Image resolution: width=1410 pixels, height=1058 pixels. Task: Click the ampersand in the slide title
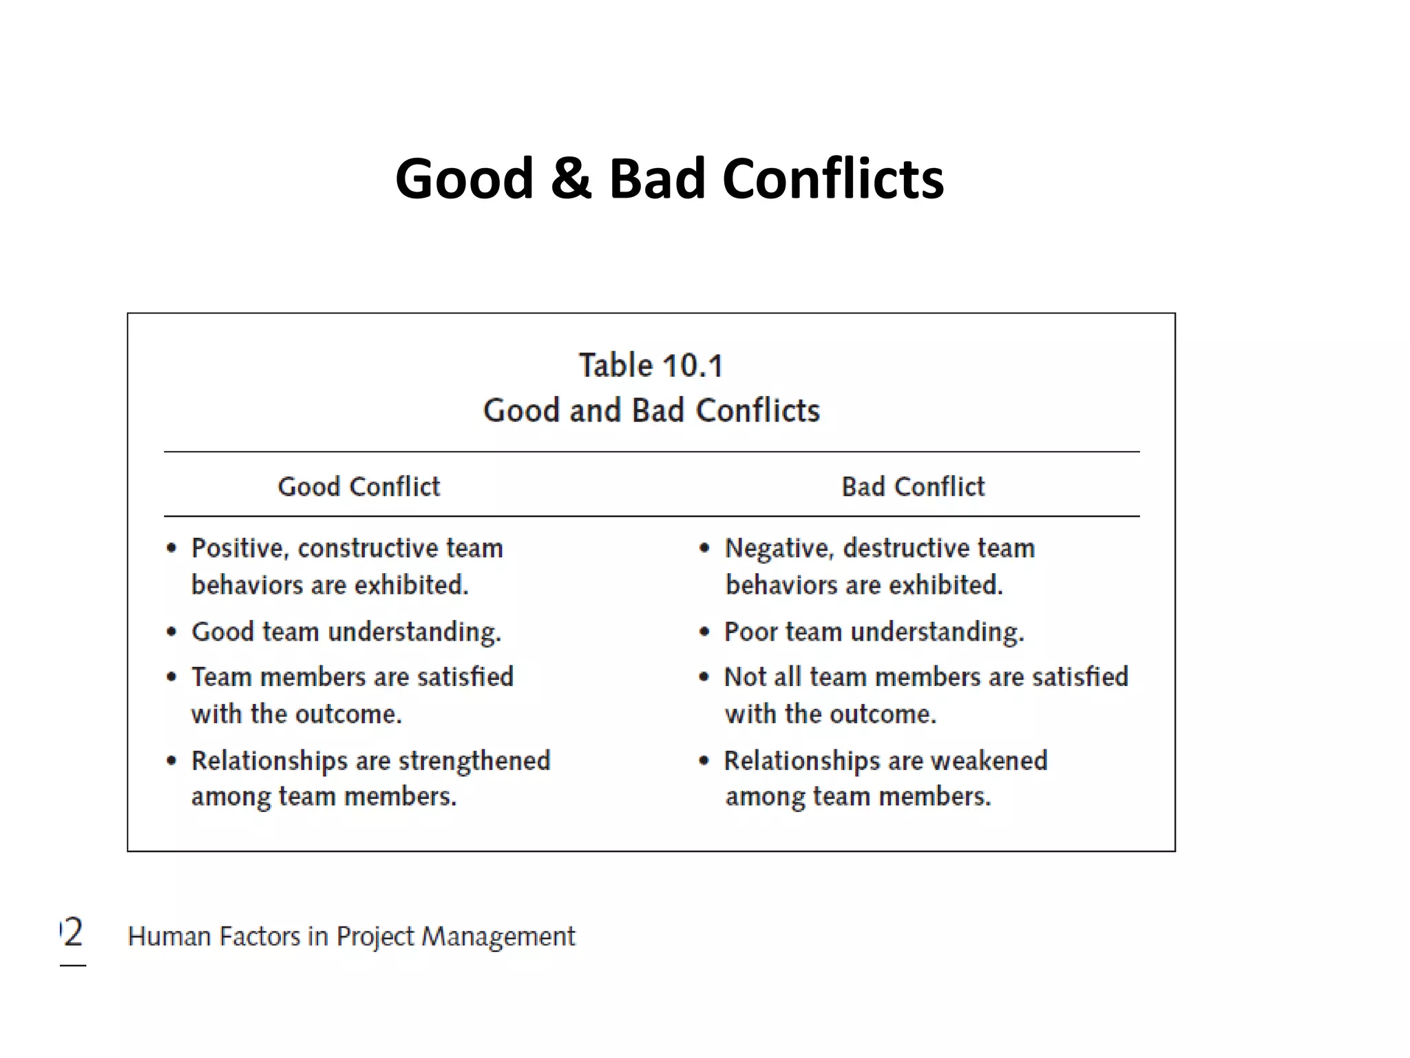point(570,179)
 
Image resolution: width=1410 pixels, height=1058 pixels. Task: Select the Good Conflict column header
point(359,486)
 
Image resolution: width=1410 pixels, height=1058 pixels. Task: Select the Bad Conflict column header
point(913,486)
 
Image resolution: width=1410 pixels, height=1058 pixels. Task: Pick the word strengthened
point(474,761)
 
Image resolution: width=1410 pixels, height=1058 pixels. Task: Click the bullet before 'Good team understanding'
point(171,632)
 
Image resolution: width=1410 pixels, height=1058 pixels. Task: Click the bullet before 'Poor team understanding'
point(704,632)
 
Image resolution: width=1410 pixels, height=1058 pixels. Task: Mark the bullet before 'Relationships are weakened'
point(704,761)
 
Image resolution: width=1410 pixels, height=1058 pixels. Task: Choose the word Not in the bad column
point(745,677)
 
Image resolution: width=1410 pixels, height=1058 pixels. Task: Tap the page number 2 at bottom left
point(72,933)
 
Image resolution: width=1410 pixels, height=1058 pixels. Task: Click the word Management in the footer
point(498,937)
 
